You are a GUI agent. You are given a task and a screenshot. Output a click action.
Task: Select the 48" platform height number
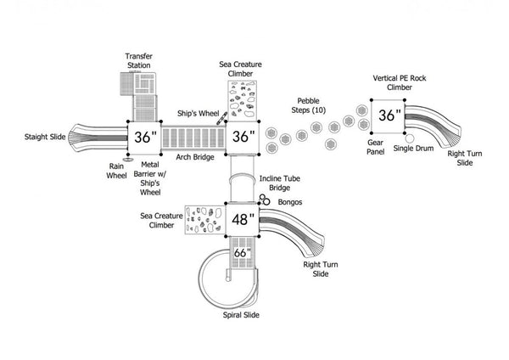point(243,219)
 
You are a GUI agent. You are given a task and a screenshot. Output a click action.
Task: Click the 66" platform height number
point(243,252)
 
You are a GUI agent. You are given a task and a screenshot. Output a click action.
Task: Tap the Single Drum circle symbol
point(411,138)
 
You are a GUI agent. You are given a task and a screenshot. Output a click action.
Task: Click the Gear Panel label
point(375,149)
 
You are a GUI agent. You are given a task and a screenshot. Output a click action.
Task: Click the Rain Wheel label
point(116,172)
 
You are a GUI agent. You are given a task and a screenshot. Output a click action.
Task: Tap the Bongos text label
point(289,202)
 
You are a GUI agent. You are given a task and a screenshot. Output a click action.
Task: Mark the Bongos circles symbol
point(266,200)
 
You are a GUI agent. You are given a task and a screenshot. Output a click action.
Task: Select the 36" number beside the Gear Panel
point(389,115)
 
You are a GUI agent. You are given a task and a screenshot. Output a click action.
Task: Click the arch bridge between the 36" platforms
point(193,138)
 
